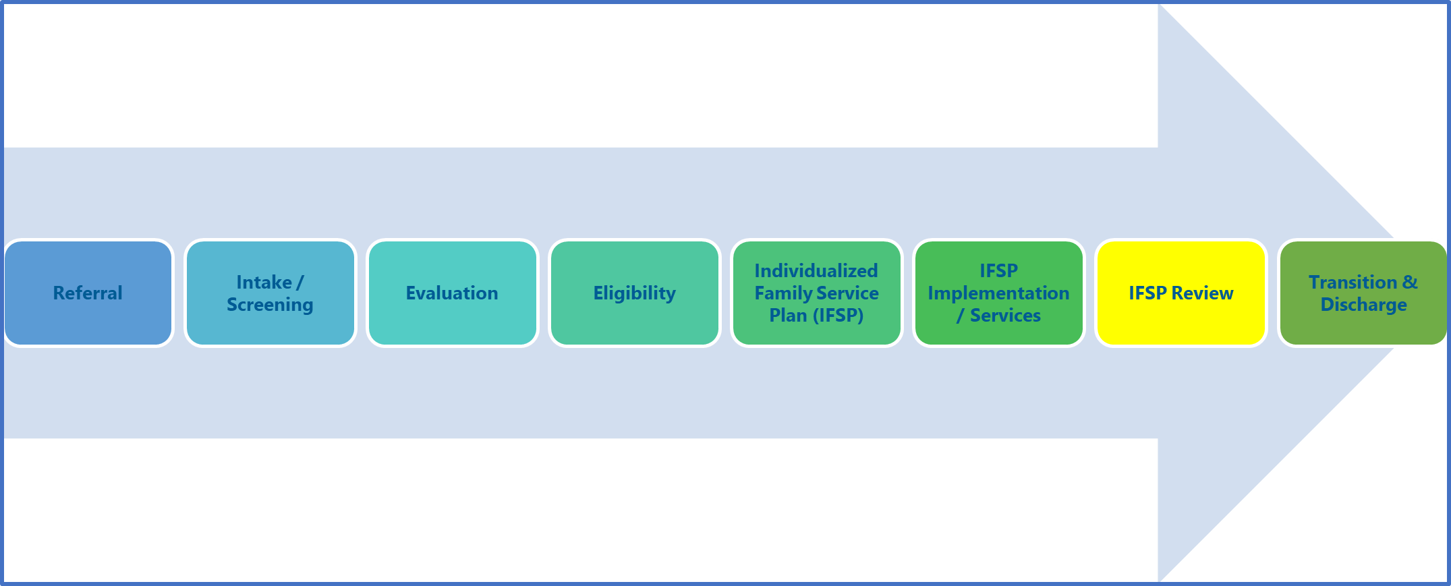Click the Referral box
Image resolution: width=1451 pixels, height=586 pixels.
[x=88, y=293]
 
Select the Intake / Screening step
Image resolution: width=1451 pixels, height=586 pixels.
[x=270, y=293]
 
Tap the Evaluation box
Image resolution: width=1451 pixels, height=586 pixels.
[x=452, y=293]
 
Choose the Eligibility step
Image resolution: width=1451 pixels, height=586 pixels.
[x=634, y=293]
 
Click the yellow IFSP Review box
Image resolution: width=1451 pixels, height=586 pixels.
[x=1180, y=293]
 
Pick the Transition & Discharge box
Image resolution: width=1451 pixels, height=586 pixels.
[x=1363, y=293]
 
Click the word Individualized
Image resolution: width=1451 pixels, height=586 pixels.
[x=816, y=271]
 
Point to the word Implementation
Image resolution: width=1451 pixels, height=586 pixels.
[x=998, y=293]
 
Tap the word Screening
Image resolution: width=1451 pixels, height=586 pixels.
[x=270, y=305]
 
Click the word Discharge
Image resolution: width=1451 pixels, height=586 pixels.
[x=1363, y=305]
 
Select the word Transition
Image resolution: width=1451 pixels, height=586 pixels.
[x=1353, y=282]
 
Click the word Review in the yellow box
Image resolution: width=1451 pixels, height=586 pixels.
[x=1203, y=293]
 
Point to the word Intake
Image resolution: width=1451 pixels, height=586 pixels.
[x=264, y=282]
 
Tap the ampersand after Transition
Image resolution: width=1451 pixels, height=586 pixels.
[x=1410, y=282]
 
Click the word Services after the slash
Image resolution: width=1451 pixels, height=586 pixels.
[x=1005, y=316]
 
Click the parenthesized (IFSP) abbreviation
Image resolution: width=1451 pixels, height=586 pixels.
[x=835, y=316]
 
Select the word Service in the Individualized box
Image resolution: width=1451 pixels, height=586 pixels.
[x=848, y=293]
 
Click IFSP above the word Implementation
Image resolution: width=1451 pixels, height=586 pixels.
[x=998, y=271]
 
